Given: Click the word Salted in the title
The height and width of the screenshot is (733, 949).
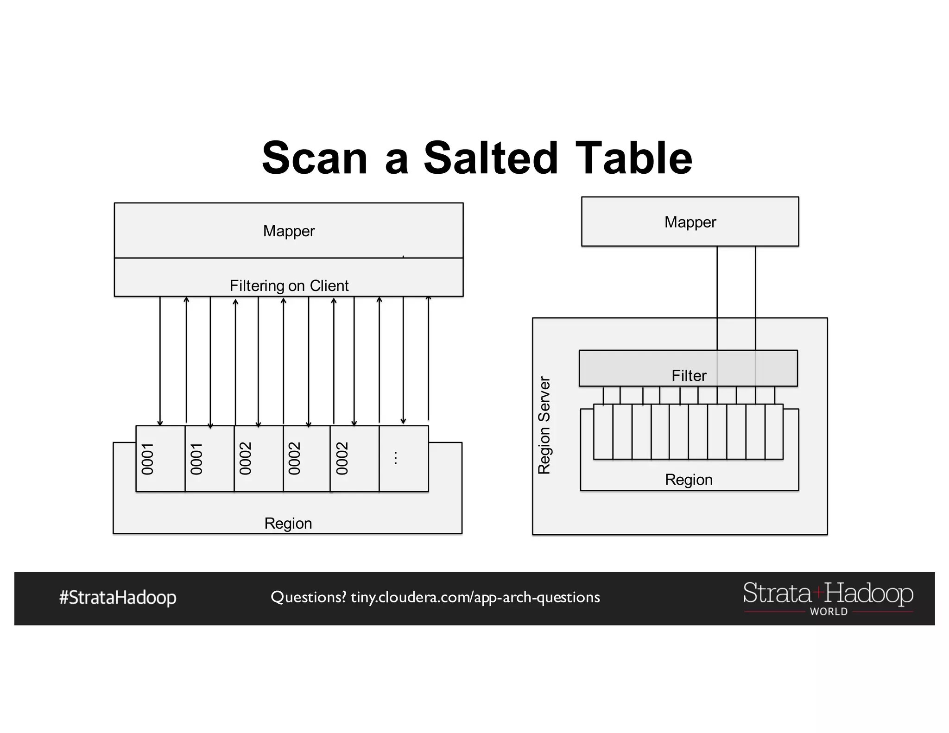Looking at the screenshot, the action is [491, 158].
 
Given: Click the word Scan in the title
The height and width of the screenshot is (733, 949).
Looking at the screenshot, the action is [315, 158].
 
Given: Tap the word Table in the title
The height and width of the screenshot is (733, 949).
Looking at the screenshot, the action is [634, 158].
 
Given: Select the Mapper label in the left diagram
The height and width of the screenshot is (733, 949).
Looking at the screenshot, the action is [289, 231].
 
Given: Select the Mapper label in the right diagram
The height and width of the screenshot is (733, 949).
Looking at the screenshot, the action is [690, 222].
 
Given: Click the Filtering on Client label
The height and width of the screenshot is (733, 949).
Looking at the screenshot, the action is [289, 285].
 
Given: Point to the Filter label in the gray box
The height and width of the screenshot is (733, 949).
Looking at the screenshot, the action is [689, 375].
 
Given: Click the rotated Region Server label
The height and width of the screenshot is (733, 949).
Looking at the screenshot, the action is [544, 425].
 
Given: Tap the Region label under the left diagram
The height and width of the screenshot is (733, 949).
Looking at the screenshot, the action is [288, 523].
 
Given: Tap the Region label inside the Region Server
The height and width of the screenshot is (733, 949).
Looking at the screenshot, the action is [689, 480].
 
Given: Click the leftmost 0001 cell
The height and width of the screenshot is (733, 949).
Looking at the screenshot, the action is [160, 458].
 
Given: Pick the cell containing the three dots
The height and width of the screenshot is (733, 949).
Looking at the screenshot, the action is [403, 458].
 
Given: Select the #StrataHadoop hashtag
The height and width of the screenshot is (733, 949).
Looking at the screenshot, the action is [118, 597].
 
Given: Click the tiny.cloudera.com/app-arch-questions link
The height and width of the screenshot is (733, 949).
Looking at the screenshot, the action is [475, 597].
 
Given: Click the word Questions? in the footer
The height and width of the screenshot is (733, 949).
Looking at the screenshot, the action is [308, 597].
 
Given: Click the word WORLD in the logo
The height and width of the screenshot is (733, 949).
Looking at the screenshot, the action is [829, 612].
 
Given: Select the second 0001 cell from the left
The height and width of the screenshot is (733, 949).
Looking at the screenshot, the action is [209, 458].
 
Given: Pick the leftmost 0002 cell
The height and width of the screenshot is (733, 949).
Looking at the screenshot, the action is [258, 458].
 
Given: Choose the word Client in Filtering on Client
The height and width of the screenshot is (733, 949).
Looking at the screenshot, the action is [329, 285].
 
